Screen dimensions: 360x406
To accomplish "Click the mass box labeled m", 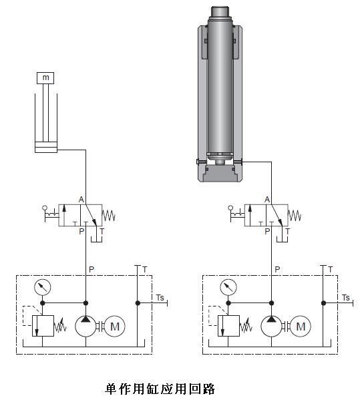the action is click(x=45, y=78).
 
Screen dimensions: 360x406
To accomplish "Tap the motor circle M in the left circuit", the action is click(x=114, y=326).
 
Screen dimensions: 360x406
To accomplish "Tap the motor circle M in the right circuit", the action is click(x=300, y=326).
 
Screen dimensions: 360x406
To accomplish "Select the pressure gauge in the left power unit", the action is click(x=43, y=287).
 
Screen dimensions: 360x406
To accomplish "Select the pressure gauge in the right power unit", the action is click(x=228, y=287).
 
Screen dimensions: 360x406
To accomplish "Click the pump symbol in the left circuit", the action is click(x=85, y=326).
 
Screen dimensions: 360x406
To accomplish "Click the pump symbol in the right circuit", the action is click(x=271, y=326).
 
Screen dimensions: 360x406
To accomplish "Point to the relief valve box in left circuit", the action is click(x=43, y=326).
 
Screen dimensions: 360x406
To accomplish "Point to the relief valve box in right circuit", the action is click(x=228, y=326).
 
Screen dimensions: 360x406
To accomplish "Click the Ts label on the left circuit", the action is click(x=160, y=298).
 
